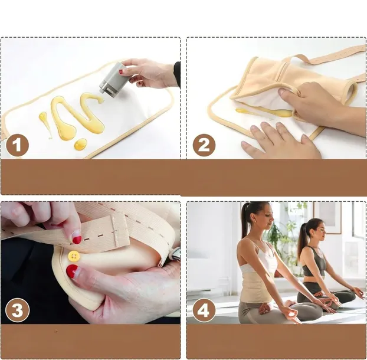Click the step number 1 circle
17,145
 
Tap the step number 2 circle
204,145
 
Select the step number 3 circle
17,310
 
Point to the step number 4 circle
204,310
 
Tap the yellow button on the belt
74,256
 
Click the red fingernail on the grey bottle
120,71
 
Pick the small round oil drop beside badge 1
80,144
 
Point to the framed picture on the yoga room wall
327,218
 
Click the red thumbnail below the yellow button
72,271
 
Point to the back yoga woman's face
318,231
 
